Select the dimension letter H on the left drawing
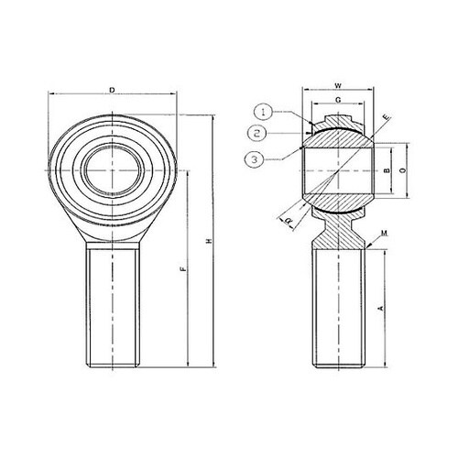[210, 241]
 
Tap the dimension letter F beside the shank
[186, 270]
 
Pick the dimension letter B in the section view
[387, 171]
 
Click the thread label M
[383, 235]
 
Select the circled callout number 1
[262, 112]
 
